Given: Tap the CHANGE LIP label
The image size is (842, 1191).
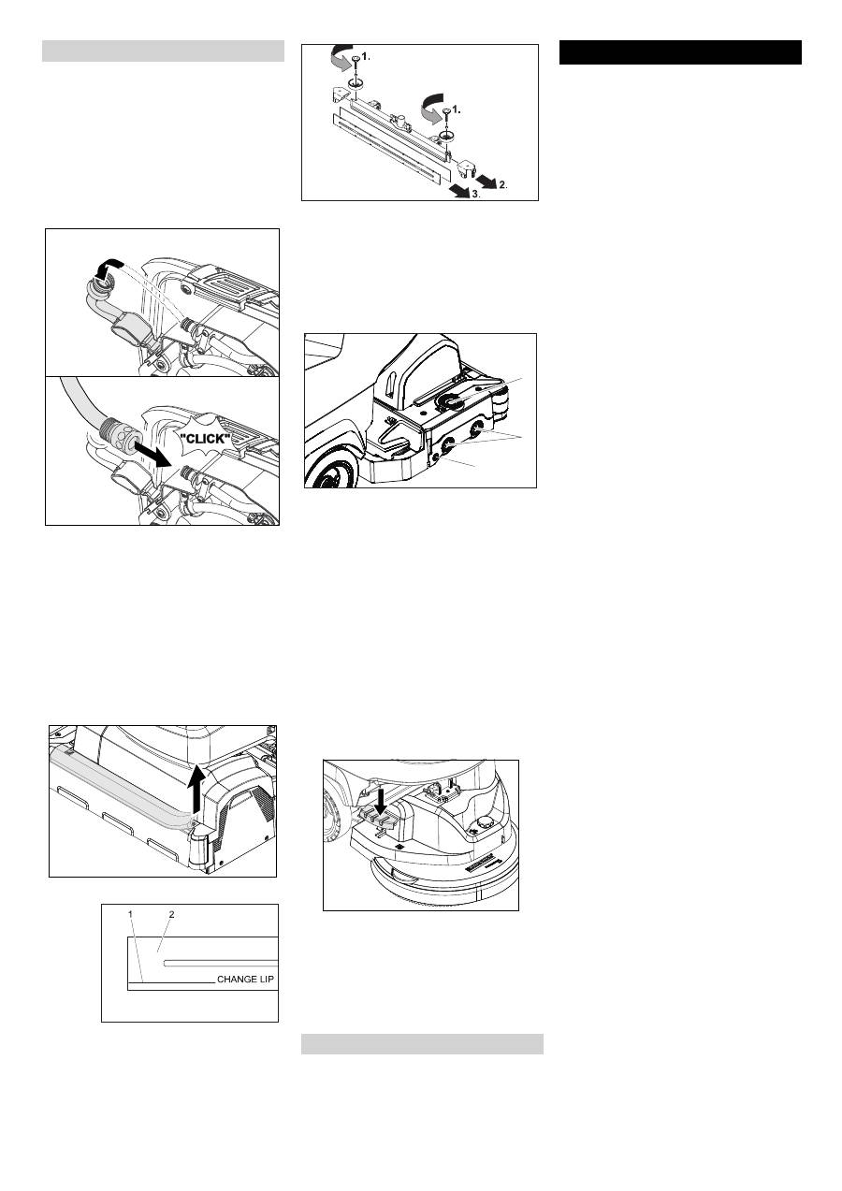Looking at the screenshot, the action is [x=245, y=979].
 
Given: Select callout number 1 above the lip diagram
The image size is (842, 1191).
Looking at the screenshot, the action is [x=130, y=913].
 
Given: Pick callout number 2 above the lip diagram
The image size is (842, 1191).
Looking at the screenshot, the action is [x=171, y=914].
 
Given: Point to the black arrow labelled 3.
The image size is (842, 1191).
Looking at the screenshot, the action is [x=459, y=189].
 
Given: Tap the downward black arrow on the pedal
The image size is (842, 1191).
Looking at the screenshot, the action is [x=381, y=801].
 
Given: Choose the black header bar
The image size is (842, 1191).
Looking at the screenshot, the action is [x=680, y=52].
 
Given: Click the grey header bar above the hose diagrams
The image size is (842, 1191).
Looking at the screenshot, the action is [x=163, y=51].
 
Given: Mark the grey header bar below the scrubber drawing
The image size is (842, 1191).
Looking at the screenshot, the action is [x=422, y=1044].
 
